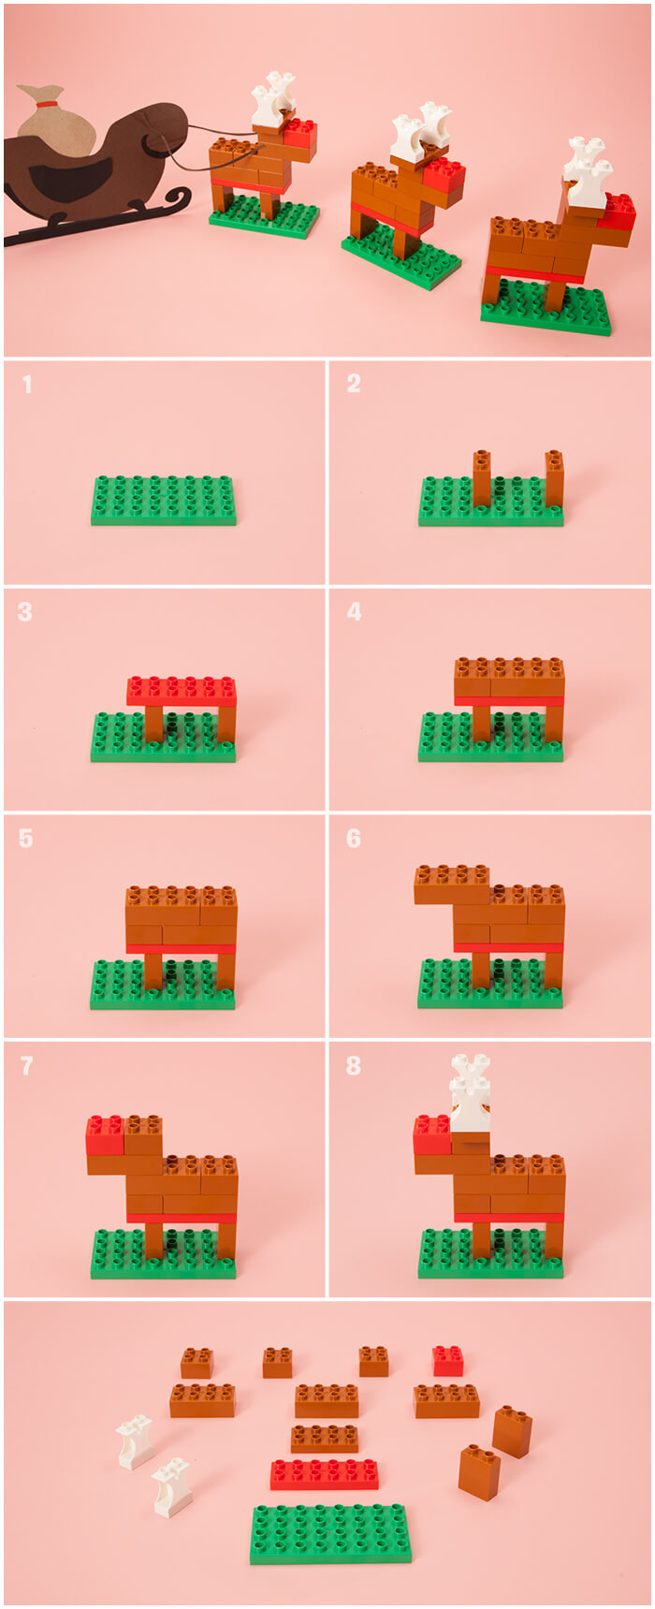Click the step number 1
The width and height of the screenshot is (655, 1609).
coord(27,384)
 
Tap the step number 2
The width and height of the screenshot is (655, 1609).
coord(354,384)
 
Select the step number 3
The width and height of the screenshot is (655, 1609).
coord(25,612)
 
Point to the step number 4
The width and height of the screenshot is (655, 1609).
coord(354,612)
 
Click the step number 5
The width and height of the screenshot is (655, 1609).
coord(25,839)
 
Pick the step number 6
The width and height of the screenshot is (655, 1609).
coord(354,839)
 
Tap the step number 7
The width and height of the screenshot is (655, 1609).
coord(26,1066)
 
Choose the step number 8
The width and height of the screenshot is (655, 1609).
coord(354,1066)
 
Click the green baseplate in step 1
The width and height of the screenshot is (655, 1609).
coord(163,501)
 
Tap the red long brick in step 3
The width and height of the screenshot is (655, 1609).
coord(182,692)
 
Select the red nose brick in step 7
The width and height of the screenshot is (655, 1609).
coord(105,1134)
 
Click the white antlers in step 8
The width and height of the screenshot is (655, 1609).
coord(469,1092)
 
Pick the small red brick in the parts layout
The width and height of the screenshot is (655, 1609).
coord(447,1361)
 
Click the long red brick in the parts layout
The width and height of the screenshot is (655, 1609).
coord(325,1473)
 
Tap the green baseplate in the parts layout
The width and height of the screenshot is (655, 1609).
coord(330,1533)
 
